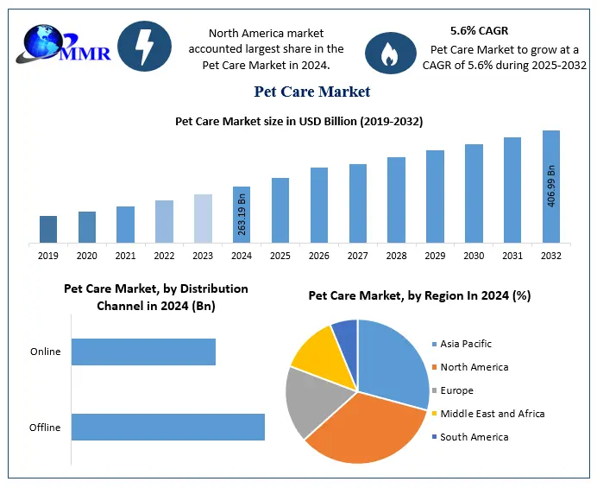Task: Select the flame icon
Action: (x=386, y=54)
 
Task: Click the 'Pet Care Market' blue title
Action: (x=311, y=92)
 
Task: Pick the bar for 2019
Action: (x=48, y=229)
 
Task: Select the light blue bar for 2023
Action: (x=203, y=219)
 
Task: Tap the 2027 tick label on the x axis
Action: (x=358, y=256)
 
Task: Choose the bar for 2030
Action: (x=474, y=193)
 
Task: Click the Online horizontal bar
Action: (x=143, y=352)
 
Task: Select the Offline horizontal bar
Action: (x=167, y=427)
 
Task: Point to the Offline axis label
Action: (x=46, y=428)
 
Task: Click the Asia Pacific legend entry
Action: (x=467, y=344)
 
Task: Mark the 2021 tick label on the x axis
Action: (x=125, y=256)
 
